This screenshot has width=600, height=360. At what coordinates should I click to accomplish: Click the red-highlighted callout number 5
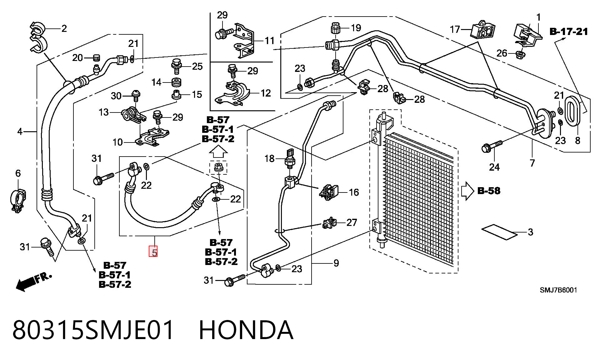click(153, 252)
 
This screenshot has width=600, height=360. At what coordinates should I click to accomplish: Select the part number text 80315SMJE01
click(93, 330)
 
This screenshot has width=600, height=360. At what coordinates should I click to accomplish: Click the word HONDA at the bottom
click(246, 330)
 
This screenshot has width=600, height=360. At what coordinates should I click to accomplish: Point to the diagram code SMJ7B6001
click(558, 290)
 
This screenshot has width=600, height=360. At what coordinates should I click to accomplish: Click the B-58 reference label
click(489, 191)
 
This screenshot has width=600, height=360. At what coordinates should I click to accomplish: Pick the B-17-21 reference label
click(568, 32)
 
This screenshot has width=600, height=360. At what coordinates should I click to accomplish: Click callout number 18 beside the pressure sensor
click(269, 159)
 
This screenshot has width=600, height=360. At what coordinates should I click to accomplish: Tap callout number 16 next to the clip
click(353, 192)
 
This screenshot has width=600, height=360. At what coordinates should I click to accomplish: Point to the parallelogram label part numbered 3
click(499, 232)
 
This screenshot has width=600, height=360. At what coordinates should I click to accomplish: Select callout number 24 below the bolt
click(494, 167)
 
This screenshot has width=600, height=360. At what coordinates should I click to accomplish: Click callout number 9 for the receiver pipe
click(336, 263)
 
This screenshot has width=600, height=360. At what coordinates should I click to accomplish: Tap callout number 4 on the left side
click(20, 132)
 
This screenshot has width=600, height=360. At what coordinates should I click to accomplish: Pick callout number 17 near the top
click(455, 29)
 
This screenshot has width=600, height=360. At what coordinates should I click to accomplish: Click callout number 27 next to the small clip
click(352, 222)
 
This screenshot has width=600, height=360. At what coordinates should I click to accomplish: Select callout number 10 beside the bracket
click(117, 142)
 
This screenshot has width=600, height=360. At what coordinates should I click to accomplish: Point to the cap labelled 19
click(335, 28)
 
